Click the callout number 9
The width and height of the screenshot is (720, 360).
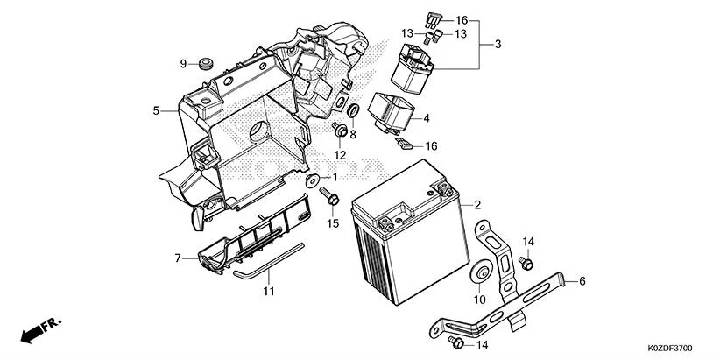184,64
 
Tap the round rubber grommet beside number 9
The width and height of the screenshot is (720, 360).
207,64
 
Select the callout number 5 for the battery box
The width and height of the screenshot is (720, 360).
156,111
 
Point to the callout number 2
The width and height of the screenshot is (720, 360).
478,205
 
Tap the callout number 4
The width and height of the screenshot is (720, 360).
427,117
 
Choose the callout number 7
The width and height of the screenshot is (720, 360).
177,258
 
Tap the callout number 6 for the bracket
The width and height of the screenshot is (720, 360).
582,281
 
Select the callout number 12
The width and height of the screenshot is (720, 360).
340,155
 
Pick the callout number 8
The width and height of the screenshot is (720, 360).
353,134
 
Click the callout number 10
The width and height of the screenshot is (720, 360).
480,300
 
